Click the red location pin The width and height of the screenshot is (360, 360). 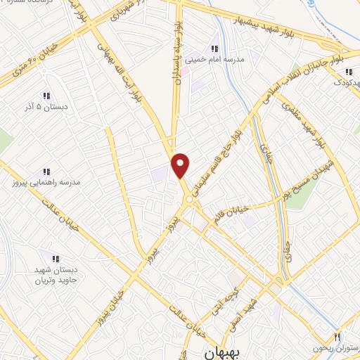click(x=181, y=165)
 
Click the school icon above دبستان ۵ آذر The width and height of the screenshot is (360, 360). click(x=46, y=96)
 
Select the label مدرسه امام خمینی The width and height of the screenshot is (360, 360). click(x=214, y=60)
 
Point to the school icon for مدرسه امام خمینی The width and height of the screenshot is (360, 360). click(x=214, y=49)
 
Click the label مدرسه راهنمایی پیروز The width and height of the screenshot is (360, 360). click(x=46, y=183)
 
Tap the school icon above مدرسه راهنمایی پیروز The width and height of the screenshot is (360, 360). click(x=46, y=171)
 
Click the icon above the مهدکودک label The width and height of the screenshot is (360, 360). click(x=348, y=71)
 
